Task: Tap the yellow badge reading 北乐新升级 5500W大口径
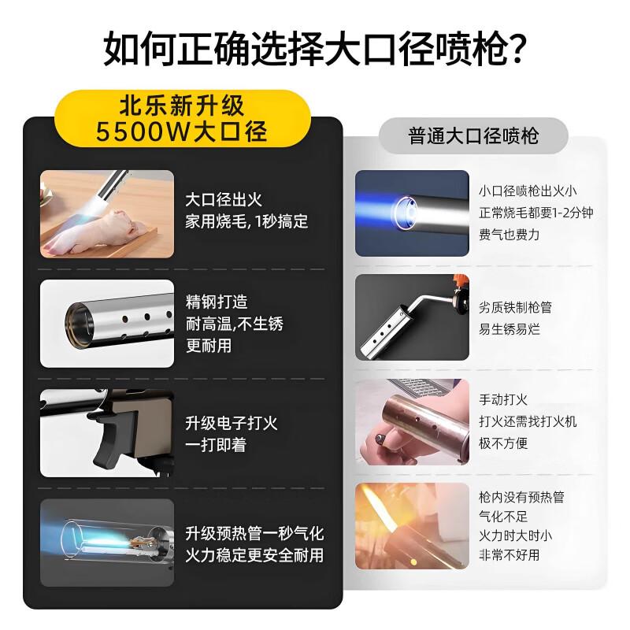182,118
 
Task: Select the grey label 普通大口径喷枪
473,135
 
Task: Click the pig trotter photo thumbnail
106,213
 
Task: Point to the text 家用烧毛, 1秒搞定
246,222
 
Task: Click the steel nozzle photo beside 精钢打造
106,323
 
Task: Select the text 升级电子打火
231,423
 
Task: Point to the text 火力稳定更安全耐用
254,554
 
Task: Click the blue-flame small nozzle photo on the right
411,213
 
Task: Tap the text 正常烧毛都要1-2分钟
535,213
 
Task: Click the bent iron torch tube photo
411,317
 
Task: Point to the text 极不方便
503,443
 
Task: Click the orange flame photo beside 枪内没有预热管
411,525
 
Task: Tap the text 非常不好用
510,554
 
